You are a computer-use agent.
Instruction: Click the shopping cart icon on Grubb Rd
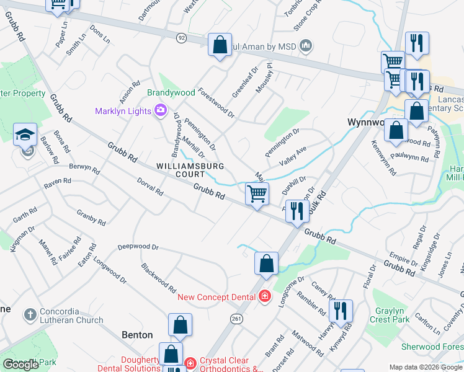[257, 194]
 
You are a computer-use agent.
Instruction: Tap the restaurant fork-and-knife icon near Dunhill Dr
[297, 211]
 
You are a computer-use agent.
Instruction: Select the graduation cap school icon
[25, 135]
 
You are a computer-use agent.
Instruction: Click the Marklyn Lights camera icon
[161, 111]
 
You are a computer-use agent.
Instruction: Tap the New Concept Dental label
[216, 297]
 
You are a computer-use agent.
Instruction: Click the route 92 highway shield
[181, 37]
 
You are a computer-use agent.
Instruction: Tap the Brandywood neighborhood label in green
[171, 92]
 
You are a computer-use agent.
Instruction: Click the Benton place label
[136, 335]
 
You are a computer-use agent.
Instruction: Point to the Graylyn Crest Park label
[390, 315]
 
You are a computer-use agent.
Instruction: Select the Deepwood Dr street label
[138, 247]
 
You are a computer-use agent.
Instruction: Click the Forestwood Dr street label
[216, 102]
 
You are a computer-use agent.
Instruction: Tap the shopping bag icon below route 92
[220, 45]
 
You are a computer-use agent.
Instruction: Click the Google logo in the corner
[21, 365]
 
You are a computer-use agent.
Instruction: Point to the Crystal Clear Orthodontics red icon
[191, 363]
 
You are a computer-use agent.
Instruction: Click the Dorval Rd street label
[150, 188]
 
